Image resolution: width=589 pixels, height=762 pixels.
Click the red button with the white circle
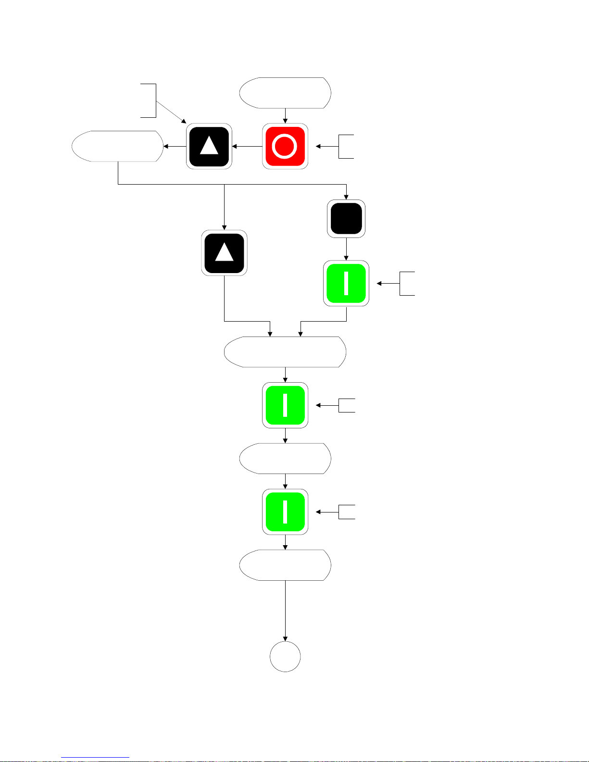(285, 146)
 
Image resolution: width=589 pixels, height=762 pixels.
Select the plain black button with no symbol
(346, 219)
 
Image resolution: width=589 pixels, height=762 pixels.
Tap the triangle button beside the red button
(209, 146)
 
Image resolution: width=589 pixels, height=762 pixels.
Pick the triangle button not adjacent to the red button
(224, 253)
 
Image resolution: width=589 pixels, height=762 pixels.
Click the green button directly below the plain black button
(346, 284)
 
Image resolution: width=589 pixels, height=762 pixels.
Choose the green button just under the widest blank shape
(285, 405)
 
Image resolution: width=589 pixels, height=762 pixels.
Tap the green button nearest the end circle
(285, 512)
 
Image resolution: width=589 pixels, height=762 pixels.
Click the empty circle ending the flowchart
(285, 657)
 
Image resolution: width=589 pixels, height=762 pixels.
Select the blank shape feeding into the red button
(285, 93)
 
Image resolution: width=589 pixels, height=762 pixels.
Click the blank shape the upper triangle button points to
(117, 146)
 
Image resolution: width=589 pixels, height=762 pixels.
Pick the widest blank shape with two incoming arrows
(285, 352)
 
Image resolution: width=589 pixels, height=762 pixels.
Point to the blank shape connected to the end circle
(285, 565)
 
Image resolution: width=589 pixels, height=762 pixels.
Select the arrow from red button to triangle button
(247, 146)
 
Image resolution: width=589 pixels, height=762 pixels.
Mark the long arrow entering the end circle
(285, 611)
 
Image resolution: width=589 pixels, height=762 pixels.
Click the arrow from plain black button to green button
(346, 249)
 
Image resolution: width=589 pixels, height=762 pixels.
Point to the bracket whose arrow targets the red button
(346, 146)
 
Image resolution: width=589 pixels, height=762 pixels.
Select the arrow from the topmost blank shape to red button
(285, 116)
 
